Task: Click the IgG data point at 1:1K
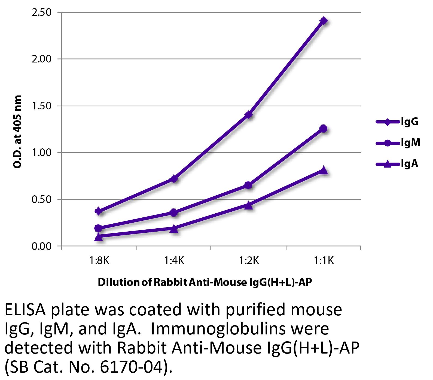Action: coord(323,21)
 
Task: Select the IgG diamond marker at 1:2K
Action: coord(248,115)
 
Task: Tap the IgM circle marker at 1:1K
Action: coord(323,129)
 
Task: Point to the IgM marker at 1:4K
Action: coord(174,213)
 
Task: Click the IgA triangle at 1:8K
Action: coord(99,237)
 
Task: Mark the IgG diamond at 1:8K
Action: coord(99,211)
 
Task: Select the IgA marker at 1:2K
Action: coord(248,205)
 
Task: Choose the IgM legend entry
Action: coord(398,143)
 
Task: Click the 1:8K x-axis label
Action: coord(99,261)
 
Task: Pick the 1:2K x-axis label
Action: coord(249,261)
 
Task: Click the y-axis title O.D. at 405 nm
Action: coord(17,132)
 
